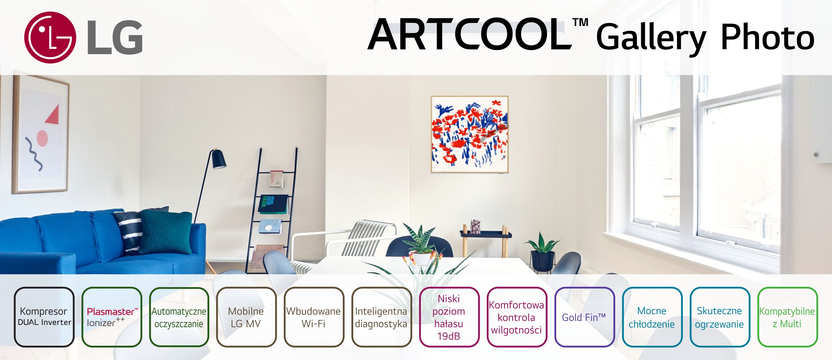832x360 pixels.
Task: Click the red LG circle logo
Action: [x=50, y=37]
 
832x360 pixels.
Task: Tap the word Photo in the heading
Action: [x=767, y=38]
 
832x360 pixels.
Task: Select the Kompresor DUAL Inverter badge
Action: [x=44, y=317]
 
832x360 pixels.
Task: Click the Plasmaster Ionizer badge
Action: [x=112, y=317]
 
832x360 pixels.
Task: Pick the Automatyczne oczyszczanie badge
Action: [x=179, y=317]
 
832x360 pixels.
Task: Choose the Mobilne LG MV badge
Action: [x=246, y=317]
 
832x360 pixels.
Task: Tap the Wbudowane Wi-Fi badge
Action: [x=314, y=317]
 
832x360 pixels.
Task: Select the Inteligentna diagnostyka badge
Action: [x=381, y=317]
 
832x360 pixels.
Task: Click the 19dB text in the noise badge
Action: [x=449, y=336]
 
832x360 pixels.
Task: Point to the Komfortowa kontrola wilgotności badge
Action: [x=516, y=317]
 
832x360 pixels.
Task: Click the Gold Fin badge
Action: [x=584, y=317]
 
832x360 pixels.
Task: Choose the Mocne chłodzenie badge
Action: [x=652, y=317]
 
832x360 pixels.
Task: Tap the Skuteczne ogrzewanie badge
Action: [x=719, y=317]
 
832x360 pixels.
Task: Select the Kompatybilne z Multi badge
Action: [x=787, y=317]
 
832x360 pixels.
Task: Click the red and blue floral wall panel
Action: [x=470, y=134]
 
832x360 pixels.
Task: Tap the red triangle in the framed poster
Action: [x=53, y=115]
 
